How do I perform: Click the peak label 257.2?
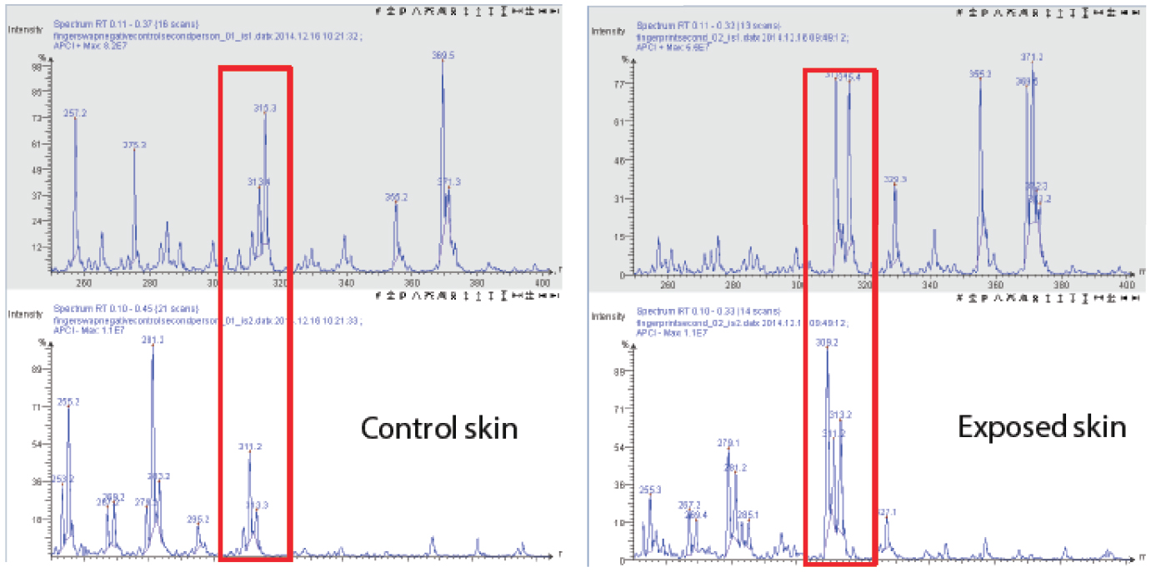[x=75, y=113]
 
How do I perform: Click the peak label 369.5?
[x=443, y=56]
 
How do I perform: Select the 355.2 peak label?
[x=397, y=197]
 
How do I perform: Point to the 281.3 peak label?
[x=153, y=340]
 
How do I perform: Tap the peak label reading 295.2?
[x=198, y=519]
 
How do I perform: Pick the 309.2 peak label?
[x=827, y=342]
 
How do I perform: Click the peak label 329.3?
[x=895, y=179]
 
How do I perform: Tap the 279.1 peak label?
[x=728, y=443]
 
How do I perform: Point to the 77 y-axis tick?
[x=619, y=84]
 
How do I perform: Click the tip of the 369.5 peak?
[x=443, y=62]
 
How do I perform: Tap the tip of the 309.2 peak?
[x=827, y=348]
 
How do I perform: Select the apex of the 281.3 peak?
[x=153, y=346]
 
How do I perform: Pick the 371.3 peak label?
[x=449, y=182]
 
